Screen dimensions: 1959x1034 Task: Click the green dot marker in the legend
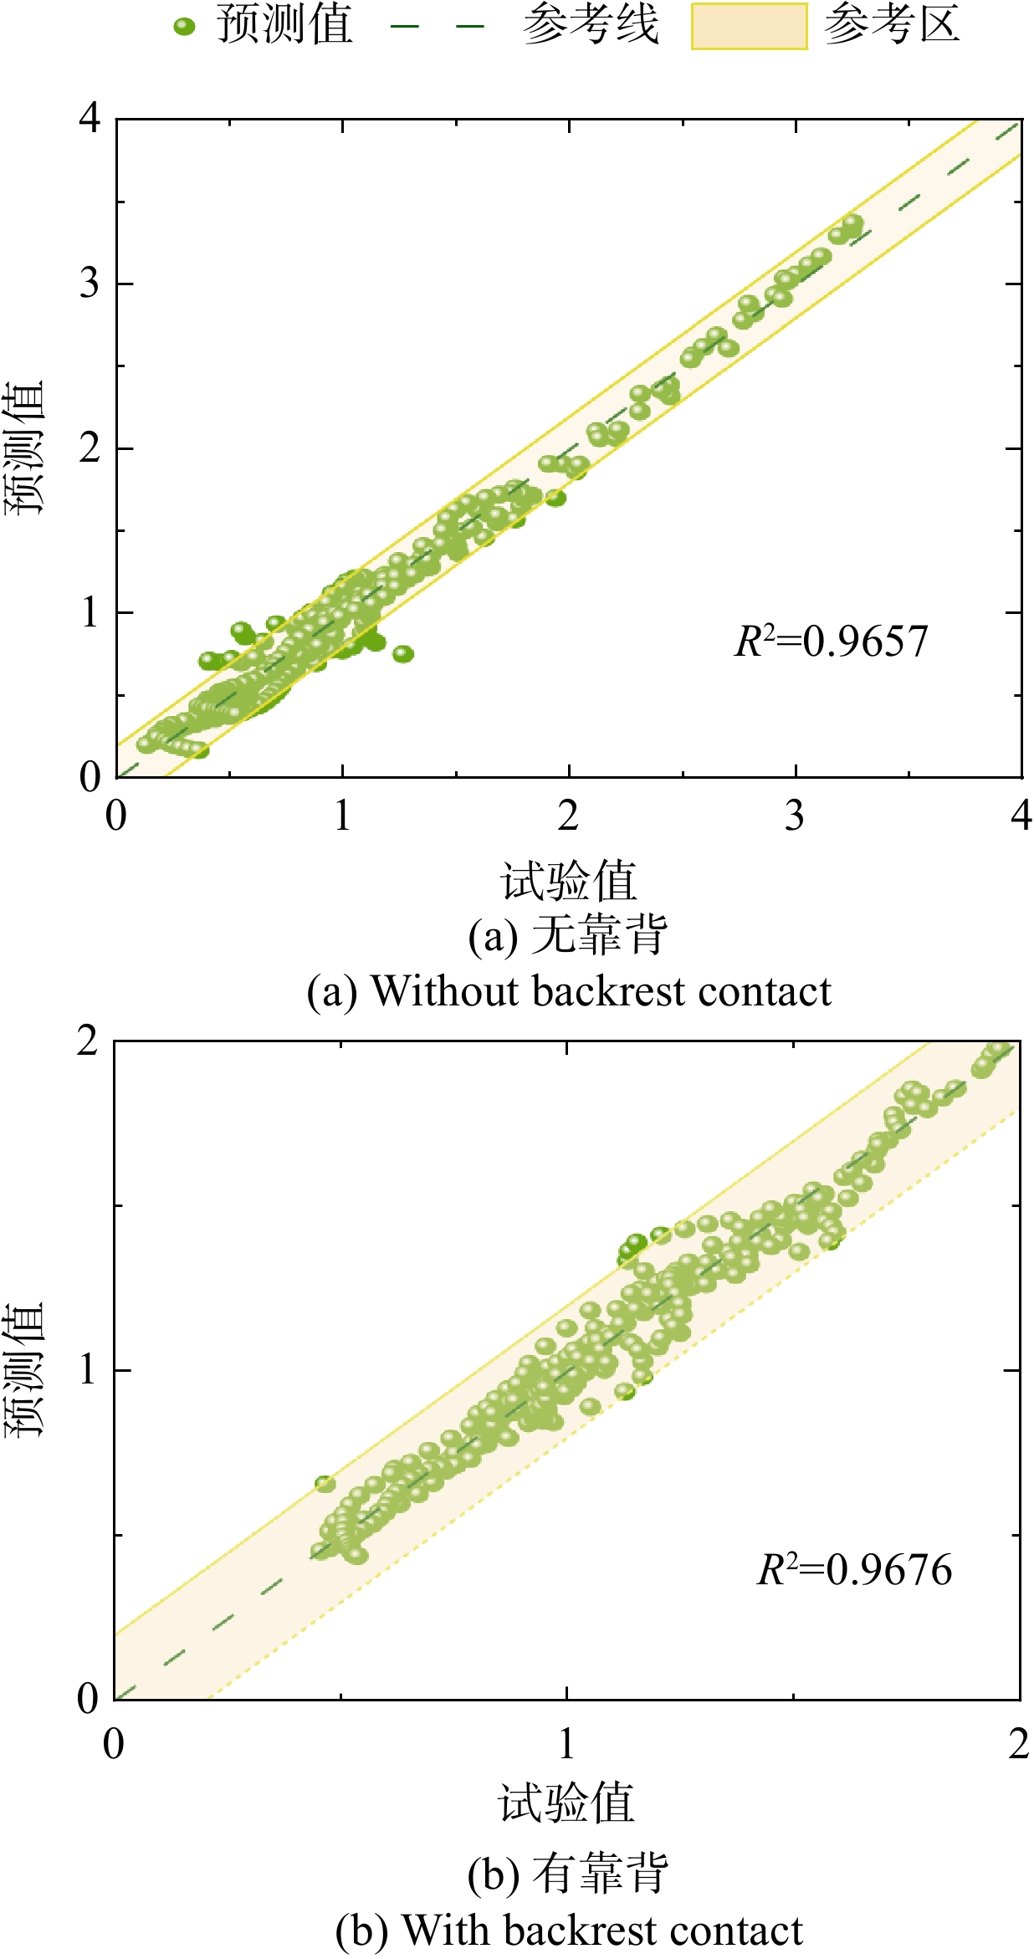[x=184, y=27]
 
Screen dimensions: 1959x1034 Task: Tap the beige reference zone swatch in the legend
[x=749, y=27]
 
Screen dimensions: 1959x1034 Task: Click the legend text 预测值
[x=285, y=25]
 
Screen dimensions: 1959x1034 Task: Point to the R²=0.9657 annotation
[x=831, y=642]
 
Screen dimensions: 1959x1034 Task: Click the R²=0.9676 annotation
[x=854, y=1570]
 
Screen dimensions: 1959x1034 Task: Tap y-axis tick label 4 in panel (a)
[x=90, y=119]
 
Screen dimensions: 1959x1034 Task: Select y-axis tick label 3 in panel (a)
[x=90, y=284]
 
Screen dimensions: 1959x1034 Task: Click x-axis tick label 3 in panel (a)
[x=794, y=816]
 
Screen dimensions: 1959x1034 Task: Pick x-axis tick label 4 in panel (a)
[x=1021, y=816]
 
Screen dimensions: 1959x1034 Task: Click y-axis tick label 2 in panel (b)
[x=88, y=1041]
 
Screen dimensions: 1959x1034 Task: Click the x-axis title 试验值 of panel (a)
[x=568, y=881]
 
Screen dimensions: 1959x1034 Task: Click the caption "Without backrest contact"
[x=601, y=992]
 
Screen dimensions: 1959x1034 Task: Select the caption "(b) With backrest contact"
[x=569, y=1931]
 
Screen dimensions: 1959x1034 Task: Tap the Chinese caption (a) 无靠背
[x=568, y=935]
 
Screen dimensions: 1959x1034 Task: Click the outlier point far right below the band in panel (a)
[x=403, y=653]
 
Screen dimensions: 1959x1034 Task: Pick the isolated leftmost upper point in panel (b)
[x=325, y=1484]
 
